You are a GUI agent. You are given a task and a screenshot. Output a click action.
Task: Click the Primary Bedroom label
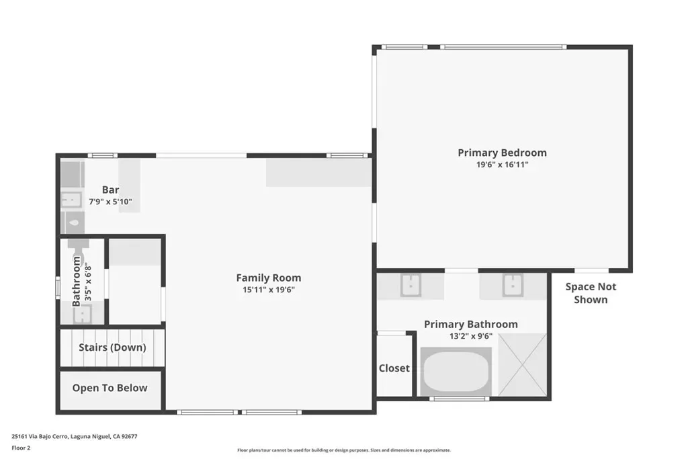[502, 153]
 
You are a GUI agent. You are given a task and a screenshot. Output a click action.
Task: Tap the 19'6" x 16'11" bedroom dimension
[502, 165]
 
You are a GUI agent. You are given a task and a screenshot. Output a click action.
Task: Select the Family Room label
[269, 278]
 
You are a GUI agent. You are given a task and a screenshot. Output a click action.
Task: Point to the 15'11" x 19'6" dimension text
[269, 290]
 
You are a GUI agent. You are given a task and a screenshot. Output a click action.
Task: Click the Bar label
[111, 190]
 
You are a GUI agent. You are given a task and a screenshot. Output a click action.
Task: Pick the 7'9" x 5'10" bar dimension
[111, 202]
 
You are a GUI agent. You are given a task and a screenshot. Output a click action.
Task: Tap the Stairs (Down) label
[112, 347]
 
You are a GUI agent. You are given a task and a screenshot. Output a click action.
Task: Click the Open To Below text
[110, 388]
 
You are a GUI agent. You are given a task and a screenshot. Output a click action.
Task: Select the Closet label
[394, 368]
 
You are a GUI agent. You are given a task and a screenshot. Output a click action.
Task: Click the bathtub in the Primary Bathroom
[456, 371]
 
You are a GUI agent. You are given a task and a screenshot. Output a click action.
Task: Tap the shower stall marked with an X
[523, 365]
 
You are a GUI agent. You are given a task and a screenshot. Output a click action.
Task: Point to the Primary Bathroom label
[471, 325]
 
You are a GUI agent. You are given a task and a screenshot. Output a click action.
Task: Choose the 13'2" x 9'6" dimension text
[471, 337]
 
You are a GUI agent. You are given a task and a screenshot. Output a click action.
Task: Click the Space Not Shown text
[591, 293]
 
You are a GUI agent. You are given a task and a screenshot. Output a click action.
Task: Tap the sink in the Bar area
[71, 200]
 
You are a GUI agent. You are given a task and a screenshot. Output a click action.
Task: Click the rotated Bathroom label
[77, 282]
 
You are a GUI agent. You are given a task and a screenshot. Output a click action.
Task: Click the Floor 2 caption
[21, 448]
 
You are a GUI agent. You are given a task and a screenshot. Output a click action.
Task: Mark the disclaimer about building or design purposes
[344, 450]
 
